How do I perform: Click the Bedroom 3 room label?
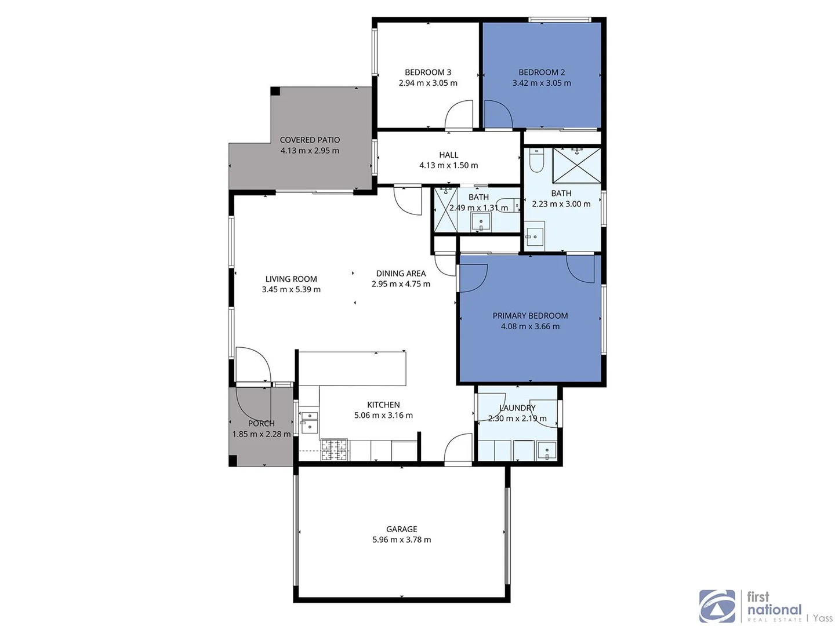tap(428, 72)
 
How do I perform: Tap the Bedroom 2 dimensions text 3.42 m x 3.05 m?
tap(542, 83)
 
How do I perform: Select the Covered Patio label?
tap(310, 140)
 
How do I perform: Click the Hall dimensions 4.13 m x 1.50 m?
tap(448, 165)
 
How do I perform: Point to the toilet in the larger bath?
tap(536, 161)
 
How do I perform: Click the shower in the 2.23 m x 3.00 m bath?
tap(576, 165)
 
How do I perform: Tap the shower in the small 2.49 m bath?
tap(446, 209)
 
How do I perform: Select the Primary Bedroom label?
tap(530, 316)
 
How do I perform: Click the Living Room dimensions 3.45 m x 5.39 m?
tap(291, 289)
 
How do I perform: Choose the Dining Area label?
tap(401, 274)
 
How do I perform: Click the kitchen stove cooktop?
tap(334, 450)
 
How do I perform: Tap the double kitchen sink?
tap(309, 421)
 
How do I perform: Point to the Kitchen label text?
tap(383, 405)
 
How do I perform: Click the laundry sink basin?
tap(546, 450)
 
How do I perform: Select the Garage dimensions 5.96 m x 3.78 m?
tap(401, 540)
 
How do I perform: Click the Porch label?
tap(261, 423)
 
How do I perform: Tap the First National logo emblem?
tap(717, 606)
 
